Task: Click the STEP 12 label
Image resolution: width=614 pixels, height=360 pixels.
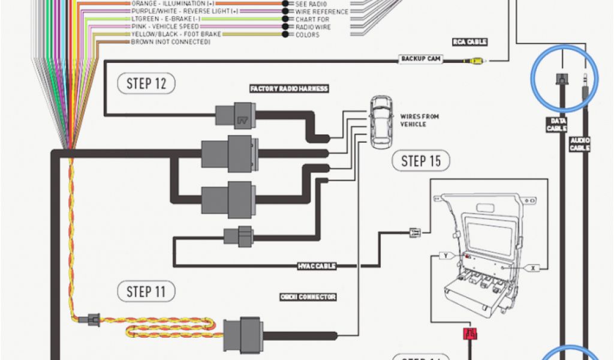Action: pyautogui.click(x=146, y=83)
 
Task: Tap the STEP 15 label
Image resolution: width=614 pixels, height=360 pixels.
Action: pyautogui.click(x=421, y=160)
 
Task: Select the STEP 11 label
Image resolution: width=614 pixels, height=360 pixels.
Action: pyautogui.click(x=146, y=292)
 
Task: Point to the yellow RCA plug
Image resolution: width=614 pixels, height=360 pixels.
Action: pyautogui.click(x=475, y=60)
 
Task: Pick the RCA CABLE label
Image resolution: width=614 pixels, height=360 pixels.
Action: pyautogui.click(x=469, y=42)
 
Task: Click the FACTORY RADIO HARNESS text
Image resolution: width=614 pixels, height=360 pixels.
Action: pyautogui.click(x=289, y=89)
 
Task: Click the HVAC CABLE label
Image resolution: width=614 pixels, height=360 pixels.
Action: pyautogui.click(x=316, y=266)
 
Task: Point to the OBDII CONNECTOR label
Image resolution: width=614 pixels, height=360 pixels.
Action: pyautogui.click(x=308, y=297)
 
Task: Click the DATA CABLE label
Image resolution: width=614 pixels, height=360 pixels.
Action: pyautogui.click(x=556, y=125)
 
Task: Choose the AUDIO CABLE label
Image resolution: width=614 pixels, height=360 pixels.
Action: pyautogui.click(x=580, y=144)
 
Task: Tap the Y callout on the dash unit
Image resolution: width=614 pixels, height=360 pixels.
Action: pyautogui.click(x=446, y=256)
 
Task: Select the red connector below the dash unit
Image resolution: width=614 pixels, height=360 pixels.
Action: pyautogui.click(x=469, y=334)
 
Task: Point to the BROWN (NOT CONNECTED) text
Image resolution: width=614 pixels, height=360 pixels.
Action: pyautogui.click(x=170, y=43)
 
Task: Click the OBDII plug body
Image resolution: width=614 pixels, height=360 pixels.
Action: pyautogui.click(x=241, y=334)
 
